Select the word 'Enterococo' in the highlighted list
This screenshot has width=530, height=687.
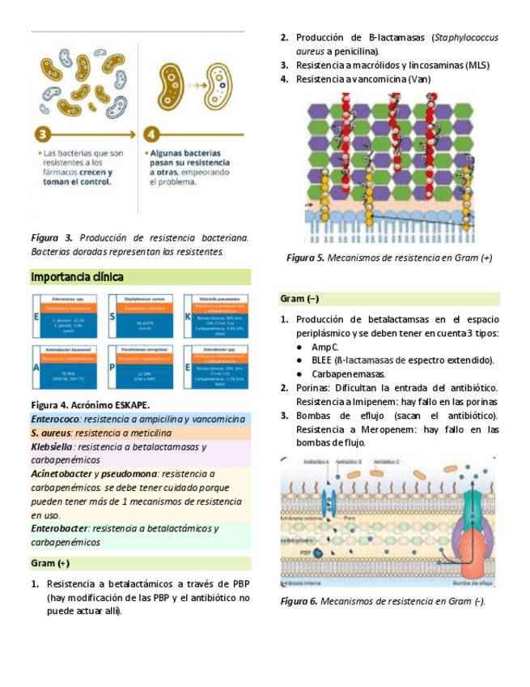click(55, 419)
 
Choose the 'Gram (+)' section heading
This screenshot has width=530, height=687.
click(50, 562)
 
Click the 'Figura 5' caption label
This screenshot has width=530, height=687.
click(306, 258)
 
